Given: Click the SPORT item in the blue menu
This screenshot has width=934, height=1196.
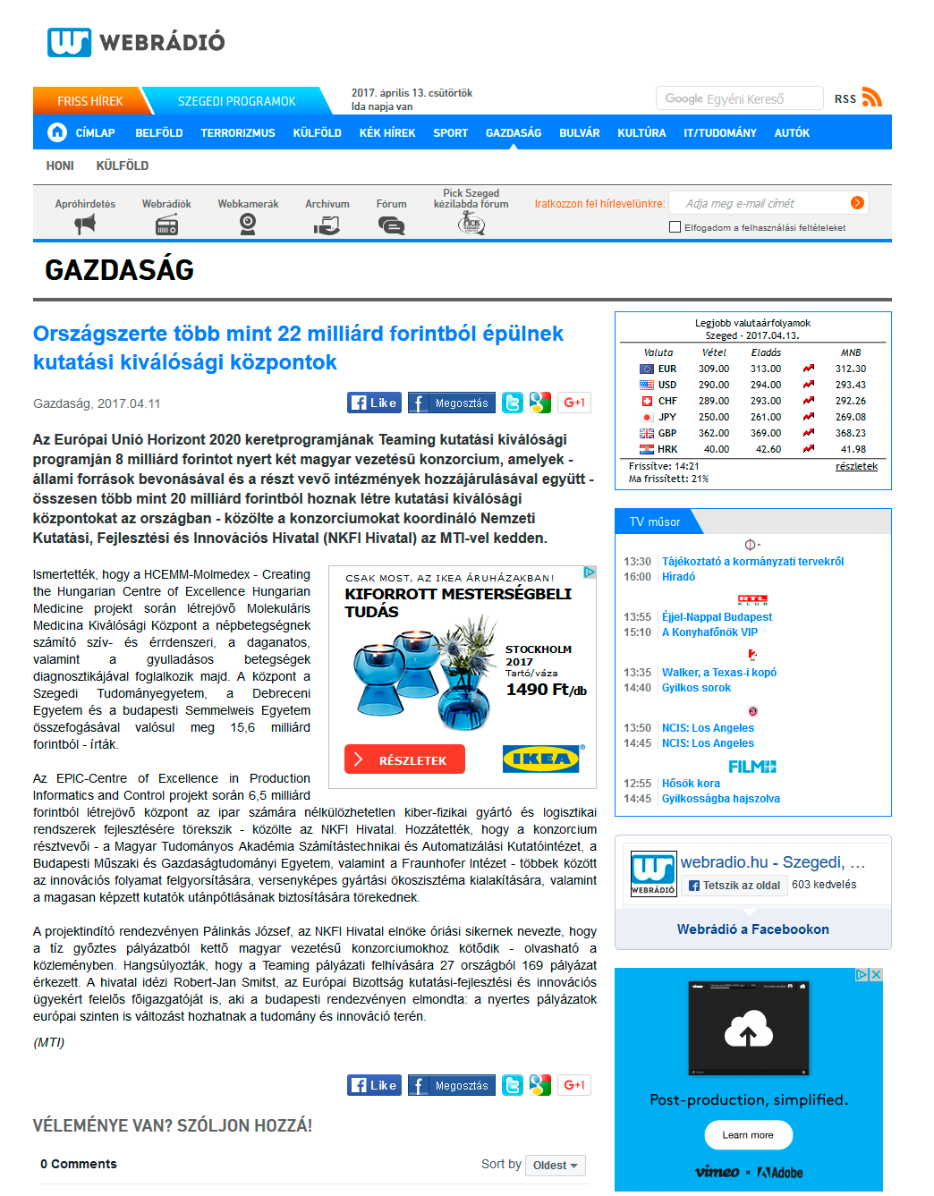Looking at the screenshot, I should point(450,133).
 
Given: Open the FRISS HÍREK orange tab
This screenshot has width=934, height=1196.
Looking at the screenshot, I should point(89,101).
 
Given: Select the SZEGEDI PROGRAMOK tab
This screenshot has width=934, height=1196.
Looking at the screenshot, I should point(236,101).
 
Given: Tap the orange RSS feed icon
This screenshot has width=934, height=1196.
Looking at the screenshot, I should point(871,98).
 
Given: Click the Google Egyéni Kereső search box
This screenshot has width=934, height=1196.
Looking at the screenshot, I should point(739,98).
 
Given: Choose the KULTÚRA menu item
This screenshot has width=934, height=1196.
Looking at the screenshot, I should point(641,133).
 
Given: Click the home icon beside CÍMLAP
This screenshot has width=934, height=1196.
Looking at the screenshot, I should point(57,132).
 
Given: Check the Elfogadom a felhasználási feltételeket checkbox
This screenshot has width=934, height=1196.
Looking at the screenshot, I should point(675,227).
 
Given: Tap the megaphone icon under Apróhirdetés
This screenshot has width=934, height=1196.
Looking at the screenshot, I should point(85,225).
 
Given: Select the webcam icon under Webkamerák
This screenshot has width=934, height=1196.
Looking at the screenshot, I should point(248,225).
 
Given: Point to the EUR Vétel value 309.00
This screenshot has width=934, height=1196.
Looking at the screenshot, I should point(714,369).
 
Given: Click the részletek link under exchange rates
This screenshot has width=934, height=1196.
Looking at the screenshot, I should point(856,466).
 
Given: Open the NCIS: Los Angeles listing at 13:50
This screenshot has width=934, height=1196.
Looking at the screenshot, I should point(708,728).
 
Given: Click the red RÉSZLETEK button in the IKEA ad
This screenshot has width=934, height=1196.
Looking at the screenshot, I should point(404,759).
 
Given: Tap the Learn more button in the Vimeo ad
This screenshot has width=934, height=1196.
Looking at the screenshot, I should point(748,1134).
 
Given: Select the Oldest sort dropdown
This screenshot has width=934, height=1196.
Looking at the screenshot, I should point(556,1165).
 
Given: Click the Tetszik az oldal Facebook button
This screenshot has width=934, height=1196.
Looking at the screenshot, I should point(734,886).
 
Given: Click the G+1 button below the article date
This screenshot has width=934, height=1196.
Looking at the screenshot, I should point(574,403).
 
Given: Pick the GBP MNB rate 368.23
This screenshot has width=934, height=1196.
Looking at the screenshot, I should point(851,433).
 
